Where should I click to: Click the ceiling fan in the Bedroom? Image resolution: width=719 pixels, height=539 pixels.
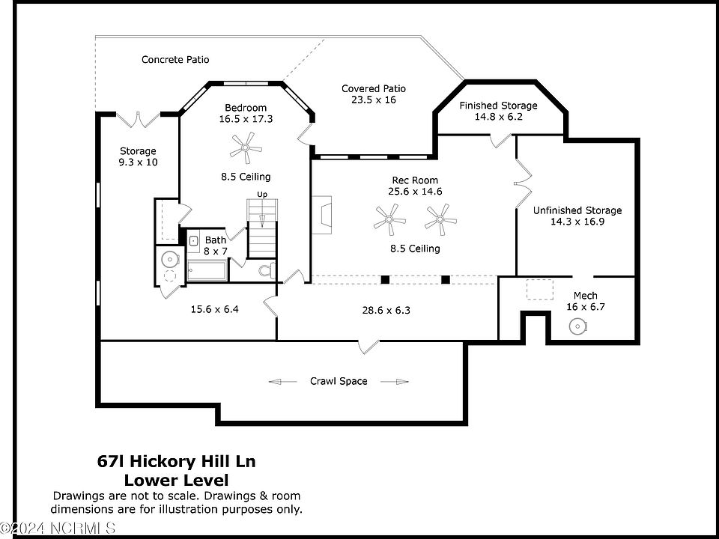click(246, 148)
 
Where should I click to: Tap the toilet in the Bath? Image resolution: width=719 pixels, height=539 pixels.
click(267, 270)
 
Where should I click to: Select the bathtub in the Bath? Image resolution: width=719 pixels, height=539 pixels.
click(207, 271)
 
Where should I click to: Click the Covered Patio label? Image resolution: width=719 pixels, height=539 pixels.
click(374, 88)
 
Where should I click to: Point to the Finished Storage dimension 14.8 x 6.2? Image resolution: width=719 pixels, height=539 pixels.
click(499, 117)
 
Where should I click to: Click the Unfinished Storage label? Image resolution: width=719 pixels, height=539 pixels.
click(577, 210)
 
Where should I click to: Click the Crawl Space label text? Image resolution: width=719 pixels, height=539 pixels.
click(339, 381)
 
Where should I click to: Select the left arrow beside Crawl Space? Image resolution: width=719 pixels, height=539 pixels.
click(282, 381)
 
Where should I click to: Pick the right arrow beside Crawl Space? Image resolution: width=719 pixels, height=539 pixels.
click(395, 381)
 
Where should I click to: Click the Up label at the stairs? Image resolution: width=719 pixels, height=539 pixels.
click(262, 195)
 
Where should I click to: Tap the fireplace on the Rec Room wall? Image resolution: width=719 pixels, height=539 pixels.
click(322, 215)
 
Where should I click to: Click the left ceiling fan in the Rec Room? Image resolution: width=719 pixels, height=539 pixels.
click(389, 219)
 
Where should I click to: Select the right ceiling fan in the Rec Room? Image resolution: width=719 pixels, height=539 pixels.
click(440, 219)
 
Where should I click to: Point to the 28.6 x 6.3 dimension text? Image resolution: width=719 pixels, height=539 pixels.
click(386, 310)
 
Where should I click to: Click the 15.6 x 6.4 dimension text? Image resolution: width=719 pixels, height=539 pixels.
click(215, 309)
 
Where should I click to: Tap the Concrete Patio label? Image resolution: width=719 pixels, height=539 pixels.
click(175, 60)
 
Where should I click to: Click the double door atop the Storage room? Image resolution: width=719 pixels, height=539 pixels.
click(138, 119)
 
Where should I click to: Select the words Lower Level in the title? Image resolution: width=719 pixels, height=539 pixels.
click(177, 481)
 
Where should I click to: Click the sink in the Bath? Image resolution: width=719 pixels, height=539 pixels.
click(193, 240)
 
